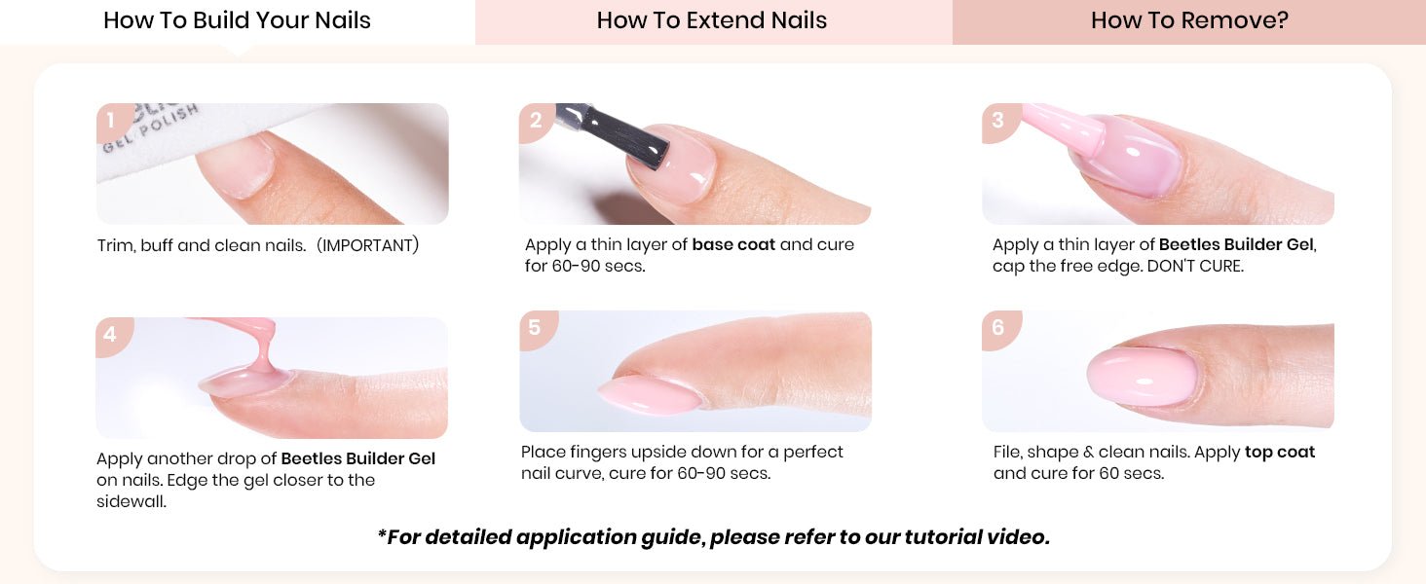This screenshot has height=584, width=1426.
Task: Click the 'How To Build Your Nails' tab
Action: coord(237,21)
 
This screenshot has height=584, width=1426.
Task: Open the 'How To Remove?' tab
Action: coord(1189,21)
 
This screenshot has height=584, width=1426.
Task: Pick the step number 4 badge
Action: coord(112,335)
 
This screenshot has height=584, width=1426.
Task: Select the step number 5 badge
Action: coord(536,329)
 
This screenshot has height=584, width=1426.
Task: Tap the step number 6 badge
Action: coord(998,329)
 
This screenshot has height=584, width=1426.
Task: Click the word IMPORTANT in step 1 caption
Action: coord(368,245)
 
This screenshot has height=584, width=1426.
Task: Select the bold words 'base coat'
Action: coord(733,245)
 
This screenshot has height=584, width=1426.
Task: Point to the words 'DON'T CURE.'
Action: coord(1195,266)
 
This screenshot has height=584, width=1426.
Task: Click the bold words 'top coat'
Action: coord(1280,453)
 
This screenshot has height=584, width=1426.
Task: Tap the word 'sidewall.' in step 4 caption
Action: coord(131,502)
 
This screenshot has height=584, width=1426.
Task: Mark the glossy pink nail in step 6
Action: coord(1143,378)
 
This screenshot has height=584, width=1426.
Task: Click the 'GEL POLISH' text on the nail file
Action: coord(150,129)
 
